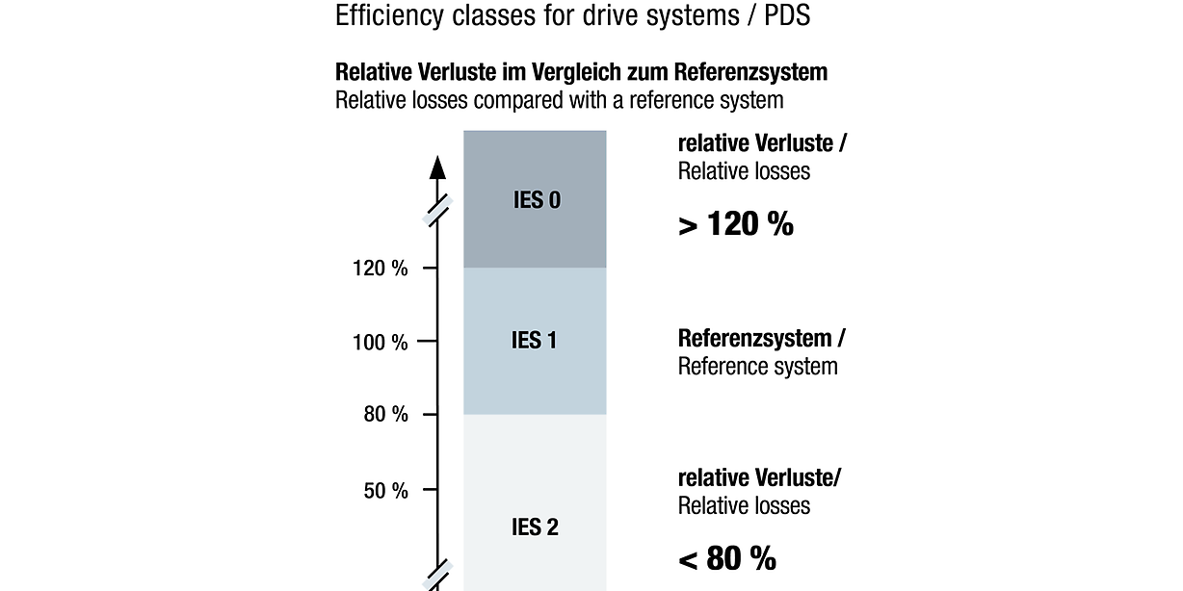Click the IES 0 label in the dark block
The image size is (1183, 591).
click(535, 200)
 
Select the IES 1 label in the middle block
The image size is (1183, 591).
click(535, 341)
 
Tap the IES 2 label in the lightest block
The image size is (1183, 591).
click(535, 527)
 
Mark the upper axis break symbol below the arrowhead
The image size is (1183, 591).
click(438, 210)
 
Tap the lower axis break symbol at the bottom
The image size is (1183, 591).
click(438, 574)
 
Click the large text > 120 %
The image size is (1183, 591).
click(736, 224)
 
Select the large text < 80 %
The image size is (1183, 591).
click(727, 558)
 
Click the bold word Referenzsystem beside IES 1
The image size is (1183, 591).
click(755, 339)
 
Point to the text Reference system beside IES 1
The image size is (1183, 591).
click(757, 367)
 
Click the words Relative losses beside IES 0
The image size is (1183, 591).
click(744, 171)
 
